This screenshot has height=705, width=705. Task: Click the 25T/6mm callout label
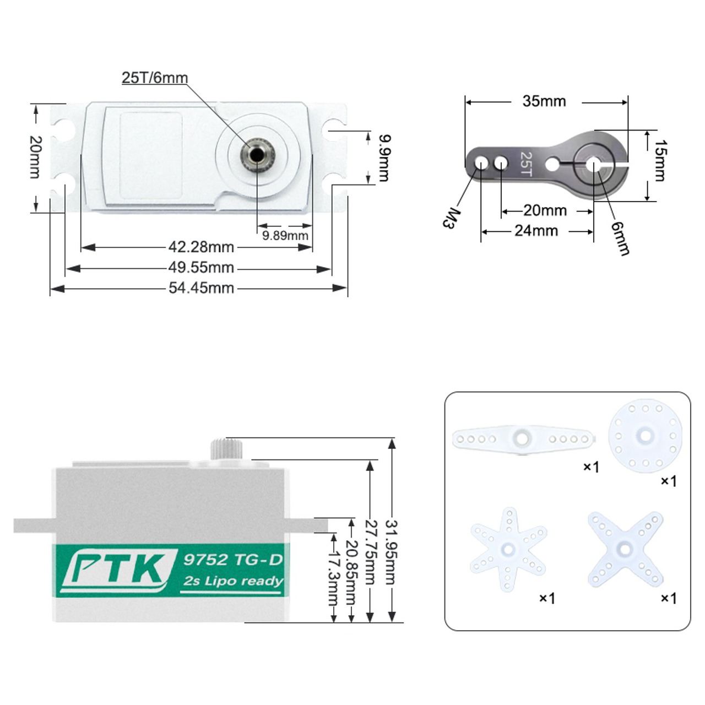point(154,78)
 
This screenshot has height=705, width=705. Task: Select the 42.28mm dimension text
point(201,247)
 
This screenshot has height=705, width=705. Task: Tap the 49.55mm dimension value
point(201,268)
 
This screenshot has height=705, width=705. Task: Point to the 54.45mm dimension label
point(201,288)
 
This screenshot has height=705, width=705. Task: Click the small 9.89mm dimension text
point(285,235)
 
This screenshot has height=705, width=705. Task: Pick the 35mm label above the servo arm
point(544,101)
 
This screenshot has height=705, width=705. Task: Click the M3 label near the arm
point(451,219)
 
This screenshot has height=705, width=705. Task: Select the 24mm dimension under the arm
point(536,231)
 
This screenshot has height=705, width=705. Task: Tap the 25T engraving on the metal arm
point(526,164)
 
